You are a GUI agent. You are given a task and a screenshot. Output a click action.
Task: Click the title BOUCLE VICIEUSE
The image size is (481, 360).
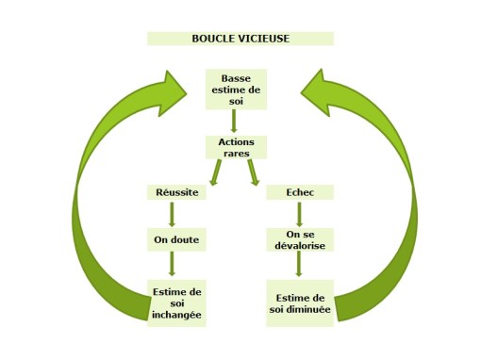(240, 39)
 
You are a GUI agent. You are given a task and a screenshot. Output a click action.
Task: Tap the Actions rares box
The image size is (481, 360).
(236, 147)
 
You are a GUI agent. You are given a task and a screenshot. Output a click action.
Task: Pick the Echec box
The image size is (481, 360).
(299, 192)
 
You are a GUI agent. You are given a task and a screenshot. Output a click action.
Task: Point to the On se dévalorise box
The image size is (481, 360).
(300, 239)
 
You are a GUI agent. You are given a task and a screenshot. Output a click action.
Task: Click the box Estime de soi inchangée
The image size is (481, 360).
(177, 303)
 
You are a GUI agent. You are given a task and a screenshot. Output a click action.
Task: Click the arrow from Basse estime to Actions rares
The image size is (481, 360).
(236, 122)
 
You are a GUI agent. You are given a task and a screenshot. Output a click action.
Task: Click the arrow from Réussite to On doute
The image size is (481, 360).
(172, 214)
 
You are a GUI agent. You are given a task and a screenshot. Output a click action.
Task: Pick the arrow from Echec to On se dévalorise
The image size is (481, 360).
(299, 214)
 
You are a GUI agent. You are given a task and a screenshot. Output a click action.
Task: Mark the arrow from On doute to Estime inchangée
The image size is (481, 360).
(172, 264)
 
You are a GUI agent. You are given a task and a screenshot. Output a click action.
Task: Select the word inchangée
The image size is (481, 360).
(177, 315)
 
